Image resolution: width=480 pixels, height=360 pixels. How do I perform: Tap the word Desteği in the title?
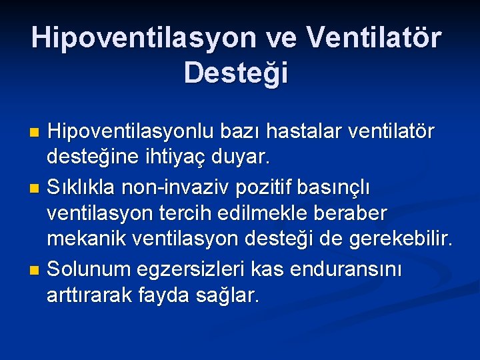pyautogui.click(x=237, y=73)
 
